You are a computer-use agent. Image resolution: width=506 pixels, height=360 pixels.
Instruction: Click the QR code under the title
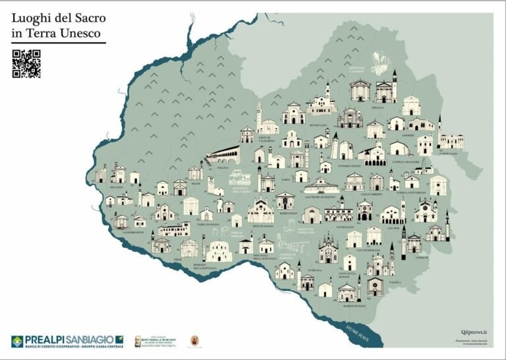pos(26,64)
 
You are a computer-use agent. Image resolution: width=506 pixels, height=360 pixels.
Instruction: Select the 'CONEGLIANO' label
pos(346,226)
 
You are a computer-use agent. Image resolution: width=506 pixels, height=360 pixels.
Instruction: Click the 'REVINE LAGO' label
pos(319,125)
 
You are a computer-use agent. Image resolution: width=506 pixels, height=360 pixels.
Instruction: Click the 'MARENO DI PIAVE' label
pos(352,306)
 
